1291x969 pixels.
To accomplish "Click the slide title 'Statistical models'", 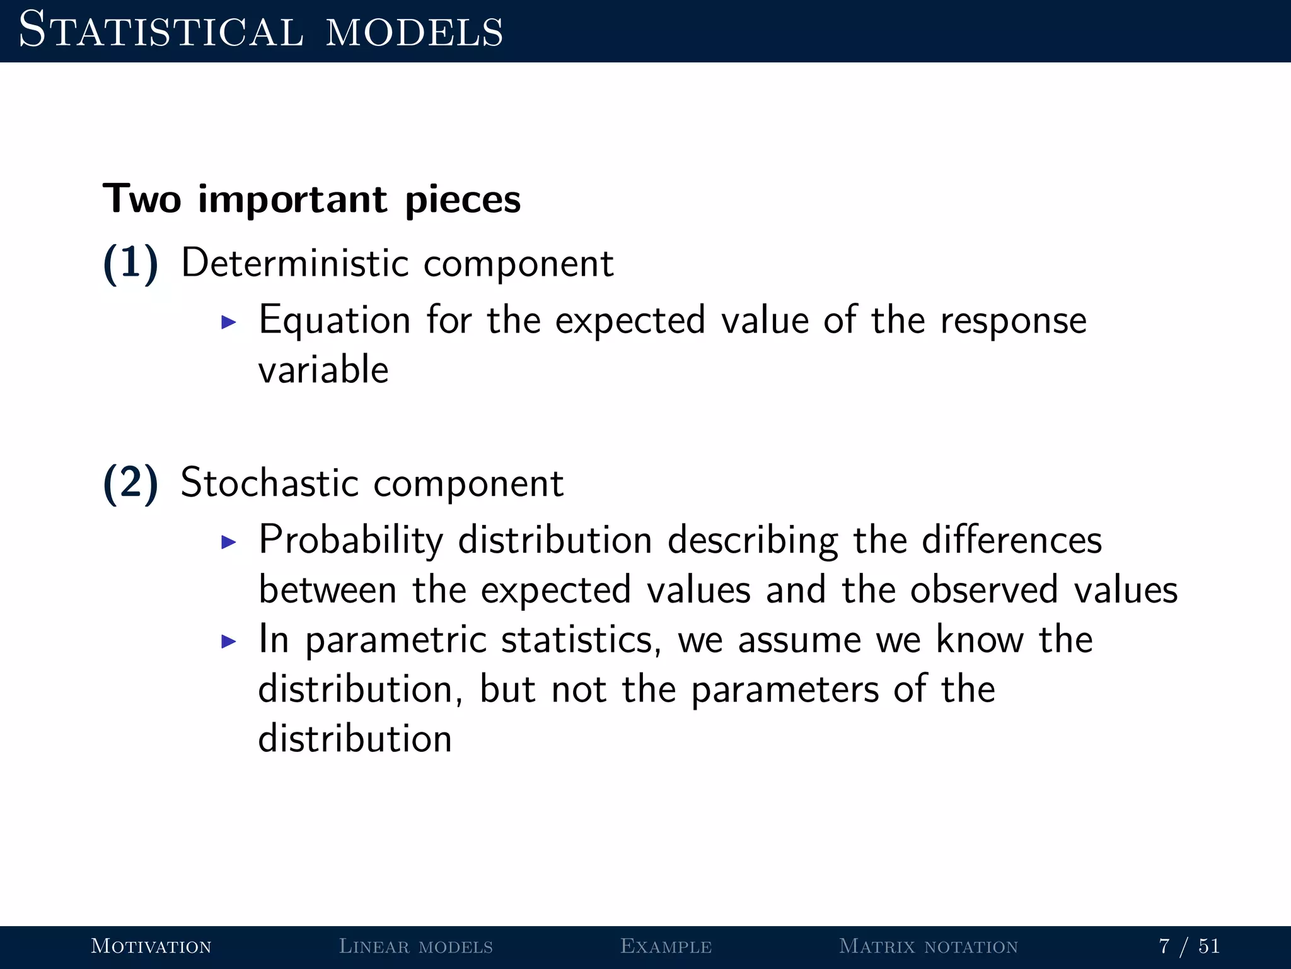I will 261,30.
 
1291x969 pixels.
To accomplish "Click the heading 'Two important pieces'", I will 311,199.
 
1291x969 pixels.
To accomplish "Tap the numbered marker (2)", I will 130,483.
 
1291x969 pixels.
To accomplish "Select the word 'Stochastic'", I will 269,483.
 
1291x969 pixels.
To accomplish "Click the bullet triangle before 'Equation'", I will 229,322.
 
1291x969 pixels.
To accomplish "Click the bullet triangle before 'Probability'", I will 229,542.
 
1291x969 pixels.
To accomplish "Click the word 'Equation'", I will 335,320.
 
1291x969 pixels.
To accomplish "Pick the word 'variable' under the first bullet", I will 323,370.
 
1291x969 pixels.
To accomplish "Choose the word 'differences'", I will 1012,540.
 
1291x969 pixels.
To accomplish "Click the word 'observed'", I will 983,590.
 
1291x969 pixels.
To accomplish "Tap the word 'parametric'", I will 396,640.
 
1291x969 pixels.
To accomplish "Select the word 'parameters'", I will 785,690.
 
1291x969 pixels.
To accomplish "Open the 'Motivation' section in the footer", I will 151,946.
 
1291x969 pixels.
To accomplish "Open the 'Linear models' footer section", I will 416,946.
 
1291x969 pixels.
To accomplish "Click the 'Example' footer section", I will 666,946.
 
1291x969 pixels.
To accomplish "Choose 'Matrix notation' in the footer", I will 929,946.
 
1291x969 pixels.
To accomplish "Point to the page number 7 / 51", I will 1189,946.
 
